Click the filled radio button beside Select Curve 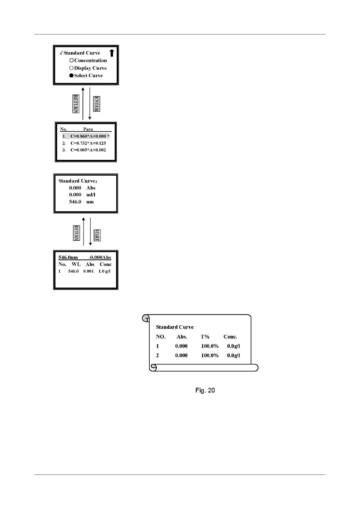click(x=71, y=76)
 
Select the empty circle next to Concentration click(x=71, y=60)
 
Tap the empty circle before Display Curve click(x=71, y=68)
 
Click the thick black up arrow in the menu click(x=112, y=53)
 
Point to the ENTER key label click(x=96, y=104)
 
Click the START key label click(x=97, y=235)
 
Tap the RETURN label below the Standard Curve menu click(x=76, y=104)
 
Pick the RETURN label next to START click(x=76, y=233)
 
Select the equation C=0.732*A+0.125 click(x=88, y=143)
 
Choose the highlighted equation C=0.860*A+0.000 click(x=88, y=136)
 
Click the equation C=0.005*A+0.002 click(x=88, y=150)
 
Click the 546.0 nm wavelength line click(x=81, y=202)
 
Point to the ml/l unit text click(x=91, y=195)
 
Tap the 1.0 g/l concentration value click(x=104, y=271)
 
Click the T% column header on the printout click(x=205, y=337)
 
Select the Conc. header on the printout click(x=230, y=337)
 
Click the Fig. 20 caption click(x=205, y=390)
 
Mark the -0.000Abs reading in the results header click(x=100, y=258)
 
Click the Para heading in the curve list click(x=88, y=129)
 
